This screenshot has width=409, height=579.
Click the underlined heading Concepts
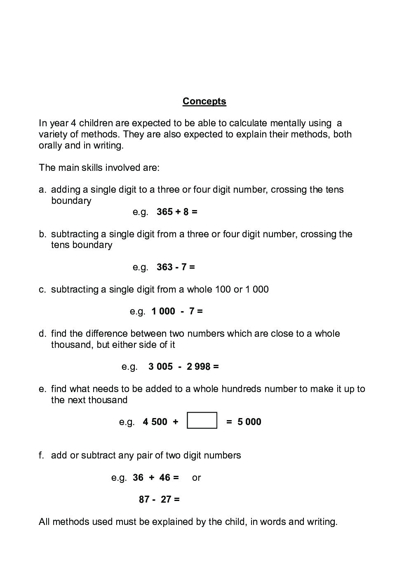pyautogui.click(x=204, y=102)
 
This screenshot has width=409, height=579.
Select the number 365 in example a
pyautogui.click(x=165, y=212)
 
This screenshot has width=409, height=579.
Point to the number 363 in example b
pyautogui.click(x=165, y=267)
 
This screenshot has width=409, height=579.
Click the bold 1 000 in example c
pyautogui.click(x=163, y=312)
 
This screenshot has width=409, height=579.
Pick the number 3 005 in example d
pyautogui.click(x=160, y=367)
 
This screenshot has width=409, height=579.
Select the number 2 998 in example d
pyautogui.click(x=198, y=367)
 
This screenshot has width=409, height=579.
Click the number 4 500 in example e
pyautogui.click(x=155, y=422)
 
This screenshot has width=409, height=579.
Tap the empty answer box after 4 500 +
pyautogui.click(x=202, y=421)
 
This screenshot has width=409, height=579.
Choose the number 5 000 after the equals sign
pyautogui.click(x=249, y=422)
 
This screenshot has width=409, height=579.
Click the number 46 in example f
pyautogui.click(x=165, y=478)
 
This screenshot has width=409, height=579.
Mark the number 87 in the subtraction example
pyautogui.click(x=144, y=500)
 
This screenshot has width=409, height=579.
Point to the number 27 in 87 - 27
pyautogui.click(x=166, y=500)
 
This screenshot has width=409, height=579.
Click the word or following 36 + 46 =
pyautogui.click(x=196, y=478)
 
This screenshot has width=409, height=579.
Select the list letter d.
pyautogui.click(x=42, y=333)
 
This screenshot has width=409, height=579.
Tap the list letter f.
pyautogui.click(x=41, y=456)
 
